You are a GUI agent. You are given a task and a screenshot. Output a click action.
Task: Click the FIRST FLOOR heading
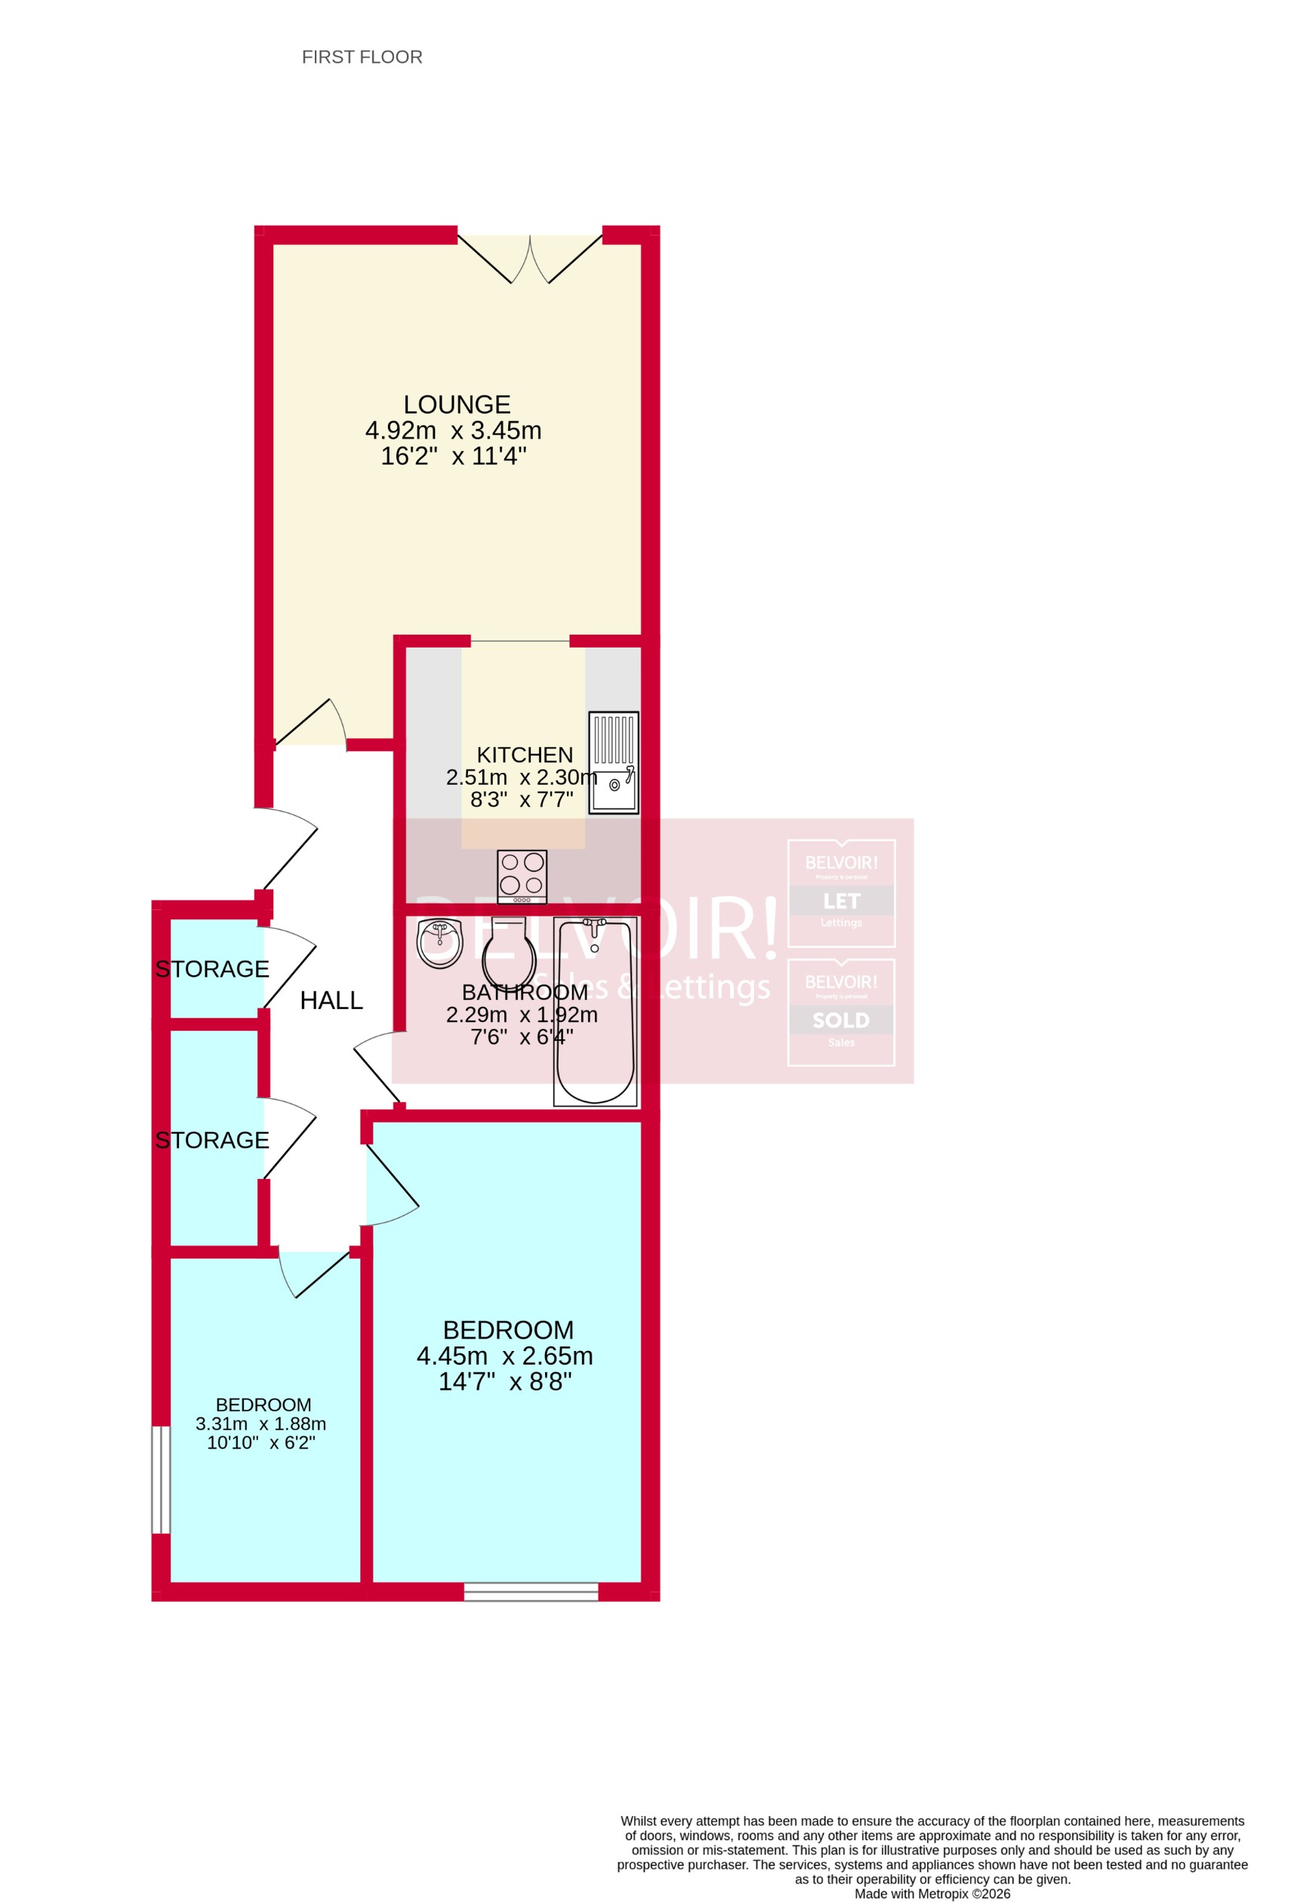click(x=362, y=57)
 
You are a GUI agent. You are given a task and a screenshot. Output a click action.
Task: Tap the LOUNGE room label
click(x=457, y=405)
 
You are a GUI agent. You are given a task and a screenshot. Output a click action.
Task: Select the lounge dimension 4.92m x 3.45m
click(x=453, y=430)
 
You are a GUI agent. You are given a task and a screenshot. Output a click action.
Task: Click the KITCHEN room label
click(x=525, y=755)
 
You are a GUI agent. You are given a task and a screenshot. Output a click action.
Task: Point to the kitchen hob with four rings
click(x=522, y=877)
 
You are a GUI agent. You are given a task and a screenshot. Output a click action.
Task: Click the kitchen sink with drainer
click(x=613, y=763)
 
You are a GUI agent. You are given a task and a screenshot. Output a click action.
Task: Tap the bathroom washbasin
click(x=439, y=943)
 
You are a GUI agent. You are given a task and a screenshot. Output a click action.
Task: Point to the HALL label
click(x=331, y=1000)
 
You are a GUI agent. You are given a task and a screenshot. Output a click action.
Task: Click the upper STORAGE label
click(x=212, y=969)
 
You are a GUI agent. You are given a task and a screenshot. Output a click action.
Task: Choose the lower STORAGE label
click(x=212, y=1140)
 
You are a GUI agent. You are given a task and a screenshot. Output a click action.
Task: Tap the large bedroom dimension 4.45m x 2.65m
click(x=504, y=1356)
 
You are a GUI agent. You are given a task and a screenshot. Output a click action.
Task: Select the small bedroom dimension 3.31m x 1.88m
click(x=260, y=1424)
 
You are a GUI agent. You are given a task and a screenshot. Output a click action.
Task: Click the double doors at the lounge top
click(x=530, y=258)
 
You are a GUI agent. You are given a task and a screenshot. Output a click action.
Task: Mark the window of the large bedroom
click(x=531, y=1592)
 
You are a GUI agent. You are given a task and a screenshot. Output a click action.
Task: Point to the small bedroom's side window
click(x=162, y=1479)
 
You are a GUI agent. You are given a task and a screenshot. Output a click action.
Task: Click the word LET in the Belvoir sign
click(x=841, y=901)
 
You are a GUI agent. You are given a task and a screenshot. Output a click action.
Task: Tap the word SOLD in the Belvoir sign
click(x=841, y=1020)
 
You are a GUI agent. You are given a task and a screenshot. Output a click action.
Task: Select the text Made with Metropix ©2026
click(x=932, y=1894)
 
